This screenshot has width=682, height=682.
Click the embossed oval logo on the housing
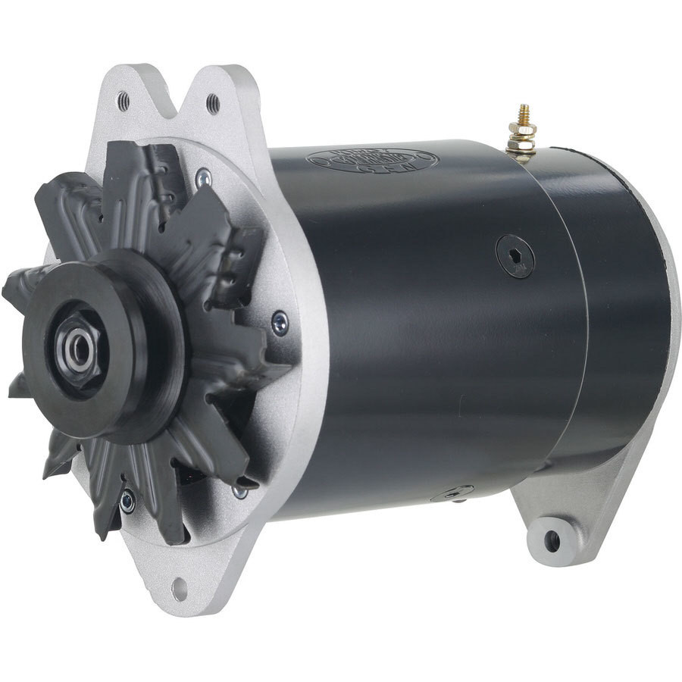[372, 160]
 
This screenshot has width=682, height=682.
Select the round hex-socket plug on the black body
[515, 256]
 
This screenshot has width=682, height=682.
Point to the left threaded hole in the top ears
[124, 100]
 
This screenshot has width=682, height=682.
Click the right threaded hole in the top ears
[213, 102]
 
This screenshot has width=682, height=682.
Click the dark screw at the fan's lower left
[127, 500]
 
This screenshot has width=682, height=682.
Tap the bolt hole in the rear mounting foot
[552, 541]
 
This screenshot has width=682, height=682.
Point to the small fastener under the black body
[453, 494]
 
